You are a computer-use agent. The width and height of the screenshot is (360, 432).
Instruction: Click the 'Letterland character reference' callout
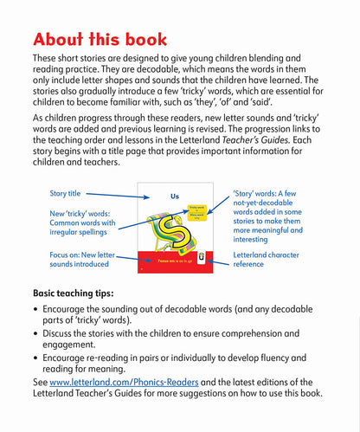[x=277, y=261]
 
